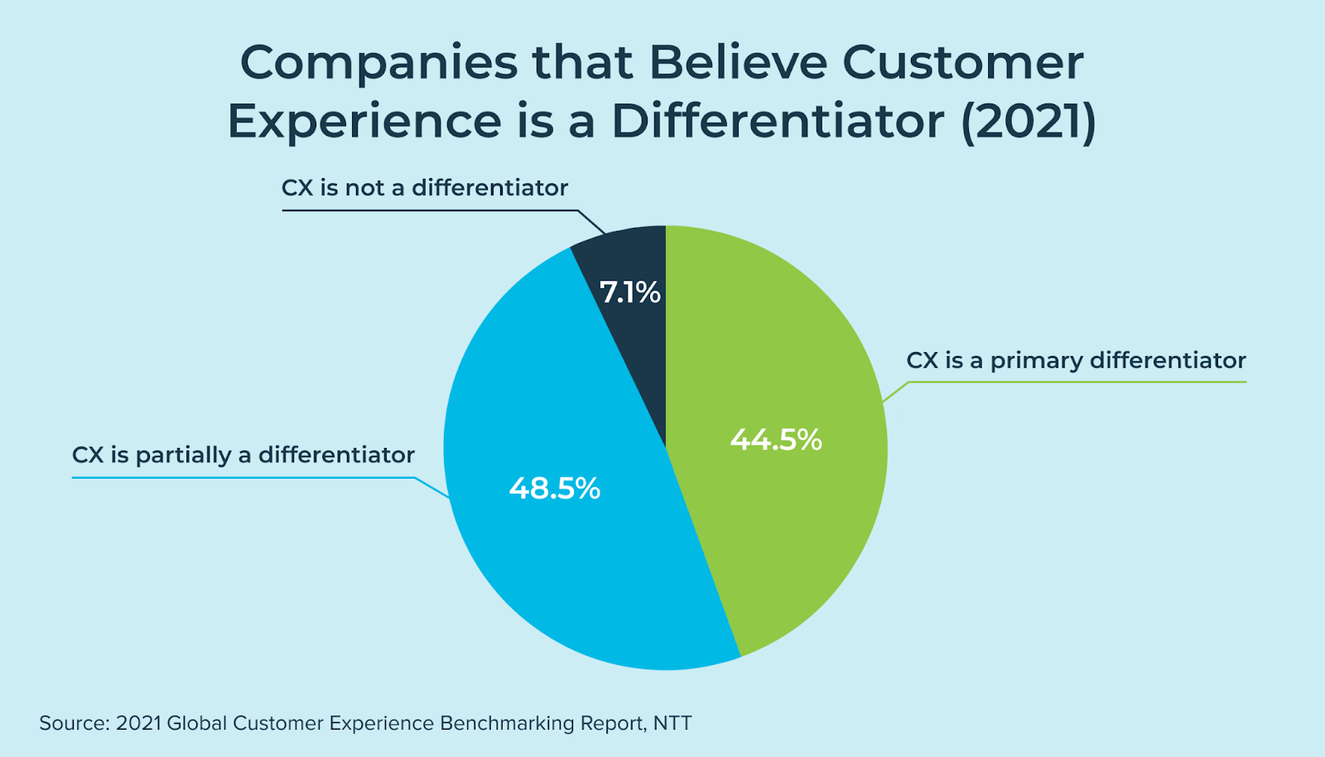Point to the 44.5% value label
776,439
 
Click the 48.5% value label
555,489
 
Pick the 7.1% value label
630,292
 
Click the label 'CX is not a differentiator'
425,188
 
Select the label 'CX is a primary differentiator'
1076,361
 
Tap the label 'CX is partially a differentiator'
243,456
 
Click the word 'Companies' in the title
378,63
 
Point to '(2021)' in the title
1028,122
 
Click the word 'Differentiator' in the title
778,122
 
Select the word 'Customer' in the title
963,63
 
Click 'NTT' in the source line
672,723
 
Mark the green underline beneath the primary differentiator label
1077,382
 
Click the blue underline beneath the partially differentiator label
243,478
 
